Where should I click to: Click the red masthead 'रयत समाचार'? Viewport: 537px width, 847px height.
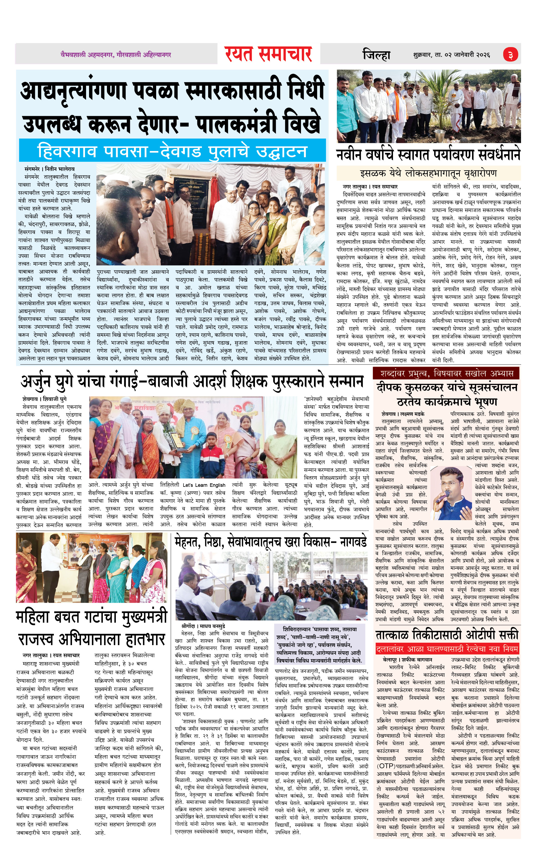pyautogui.click(x=268, y=54)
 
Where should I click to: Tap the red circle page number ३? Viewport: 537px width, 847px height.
pyautogui.click(x=510, y=55)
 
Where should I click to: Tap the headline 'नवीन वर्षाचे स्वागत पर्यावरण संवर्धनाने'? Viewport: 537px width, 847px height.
pyautogui.click(x=428, y=155)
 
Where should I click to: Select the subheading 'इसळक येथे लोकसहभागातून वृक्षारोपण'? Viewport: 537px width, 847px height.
pyautogui.click(x=428, y=173)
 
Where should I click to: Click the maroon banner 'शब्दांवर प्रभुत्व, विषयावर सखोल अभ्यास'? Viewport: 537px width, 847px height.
pyautogui.click(x=446, y=373)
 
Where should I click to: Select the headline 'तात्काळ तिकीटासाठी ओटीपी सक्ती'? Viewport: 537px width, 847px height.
pyautogui.click(x=447, y=635)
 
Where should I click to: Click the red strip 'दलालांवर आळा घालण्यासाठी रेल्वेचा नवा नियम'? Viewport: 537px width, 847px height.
pyautogui.click(x=447, y=649)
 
